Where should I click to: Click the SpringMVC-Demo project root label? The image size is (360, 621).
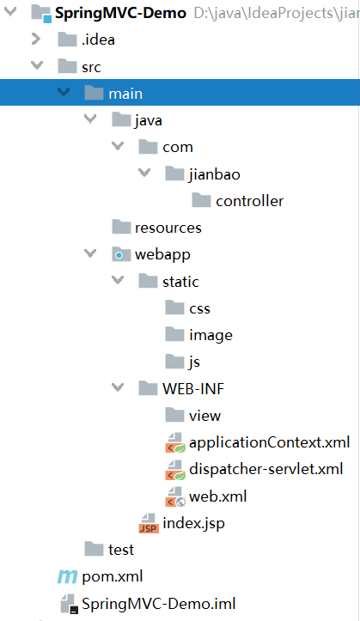(x=120, y=13)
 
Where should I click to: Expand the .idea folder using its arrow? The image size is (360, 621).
(x=36, y=39)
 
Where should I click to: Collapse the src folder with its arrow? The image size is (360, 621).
(x=37, y=65)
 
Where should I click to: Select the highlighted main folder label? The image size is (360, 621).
(x=125, y=94)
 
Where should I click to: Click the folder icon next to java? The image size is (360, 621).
(x=121, y=119)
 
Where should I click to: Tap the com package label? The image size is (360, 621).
(x=178, y=148)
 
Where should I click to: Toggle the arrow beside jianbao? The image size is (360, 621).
(x=144, y=173)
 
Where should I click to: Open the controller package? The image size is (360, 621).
(x=249, y=201)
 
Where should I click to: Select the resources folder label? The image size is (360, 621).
(x=168, y=228)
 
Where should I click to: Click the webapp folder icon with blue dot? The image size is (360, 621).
(x=121, y=254)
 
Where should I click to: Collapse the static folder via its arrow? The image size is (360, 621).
(x=118, y=280)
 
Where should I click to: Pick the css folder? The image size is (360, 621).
(x=199, y=308)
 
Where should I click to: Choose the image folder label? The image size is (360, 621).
(x=211, y=336)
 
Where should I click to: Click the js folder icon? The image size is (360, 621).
(x=174, y=362)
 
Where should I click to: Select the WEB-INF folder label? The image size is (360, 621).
(x=193, y=389)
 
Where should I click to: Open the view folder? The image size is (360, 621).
(x=204, y=416)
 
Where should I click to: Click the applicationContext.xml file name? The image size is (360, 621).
(x=269, y=442)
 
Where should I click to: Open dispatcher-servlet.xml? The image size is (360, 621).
(x=266, y=469)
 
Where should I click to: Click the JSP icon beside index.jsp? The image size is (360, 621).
(x=149, y=523)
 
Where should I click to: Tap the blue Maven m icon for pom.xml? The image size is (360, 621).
(x=67, y=576)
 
